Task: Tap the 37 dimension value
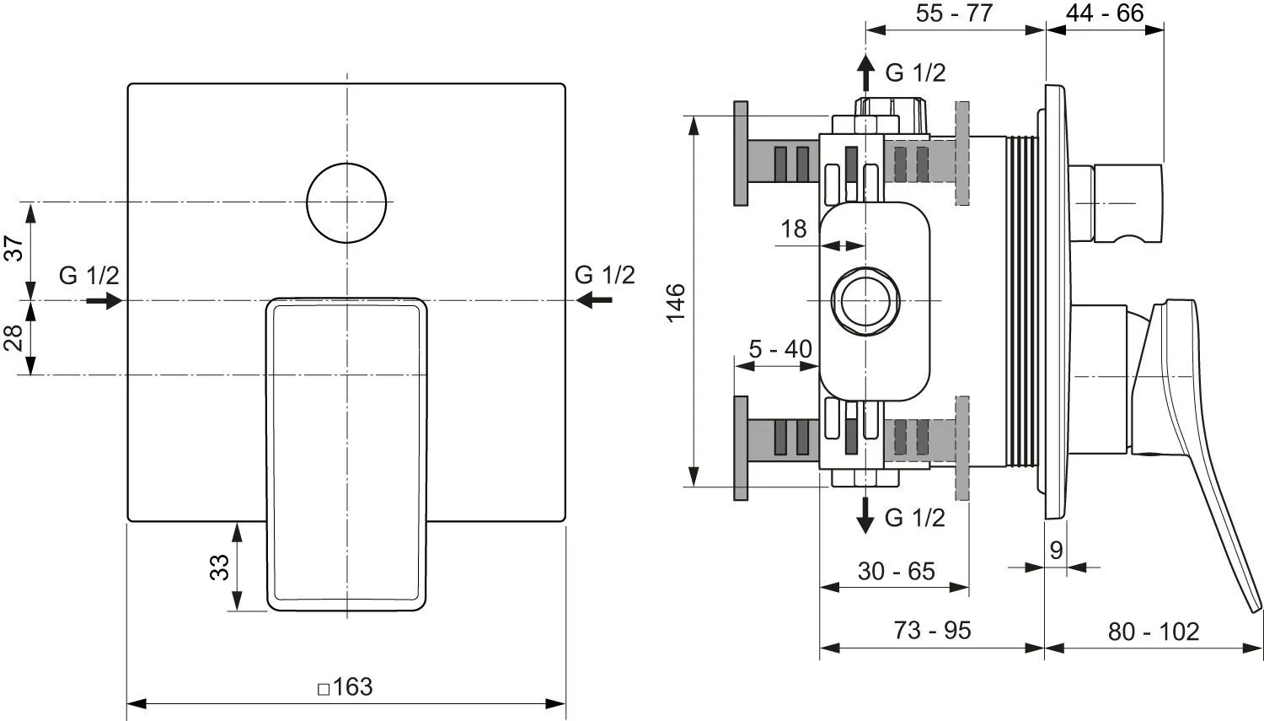pos(14,249)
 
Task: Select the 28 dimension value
pos(14,337)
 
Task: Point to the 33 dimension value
pos(219,568)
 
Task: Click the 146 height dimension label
pos(676,304)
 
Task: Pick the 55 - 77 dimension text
pos(954,13)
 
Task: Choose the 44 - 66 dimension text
pos(1105,13)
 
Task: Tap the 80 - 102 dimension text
pos(1154,632)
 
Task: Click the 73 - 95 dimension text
pos(933,630)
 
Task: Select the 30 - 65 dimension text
pos(897,572)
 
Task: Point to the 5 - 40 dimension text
pos(780,349)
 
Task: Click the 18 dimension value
pos(794,229)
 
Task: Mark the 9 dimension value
pos(1057,550)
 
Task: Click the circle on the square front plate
pos(346,163)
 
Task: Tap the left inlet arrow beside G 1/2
pos(104,300)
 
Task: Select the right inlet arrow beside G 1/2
pos(595,300)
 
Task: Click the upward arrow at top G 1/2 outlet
pos(865,73)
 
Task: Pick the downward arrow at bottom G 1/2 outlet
pos(865,515)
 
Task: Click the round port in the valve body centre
pos(865,267)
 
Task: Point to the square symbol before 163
pos(324,690)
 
